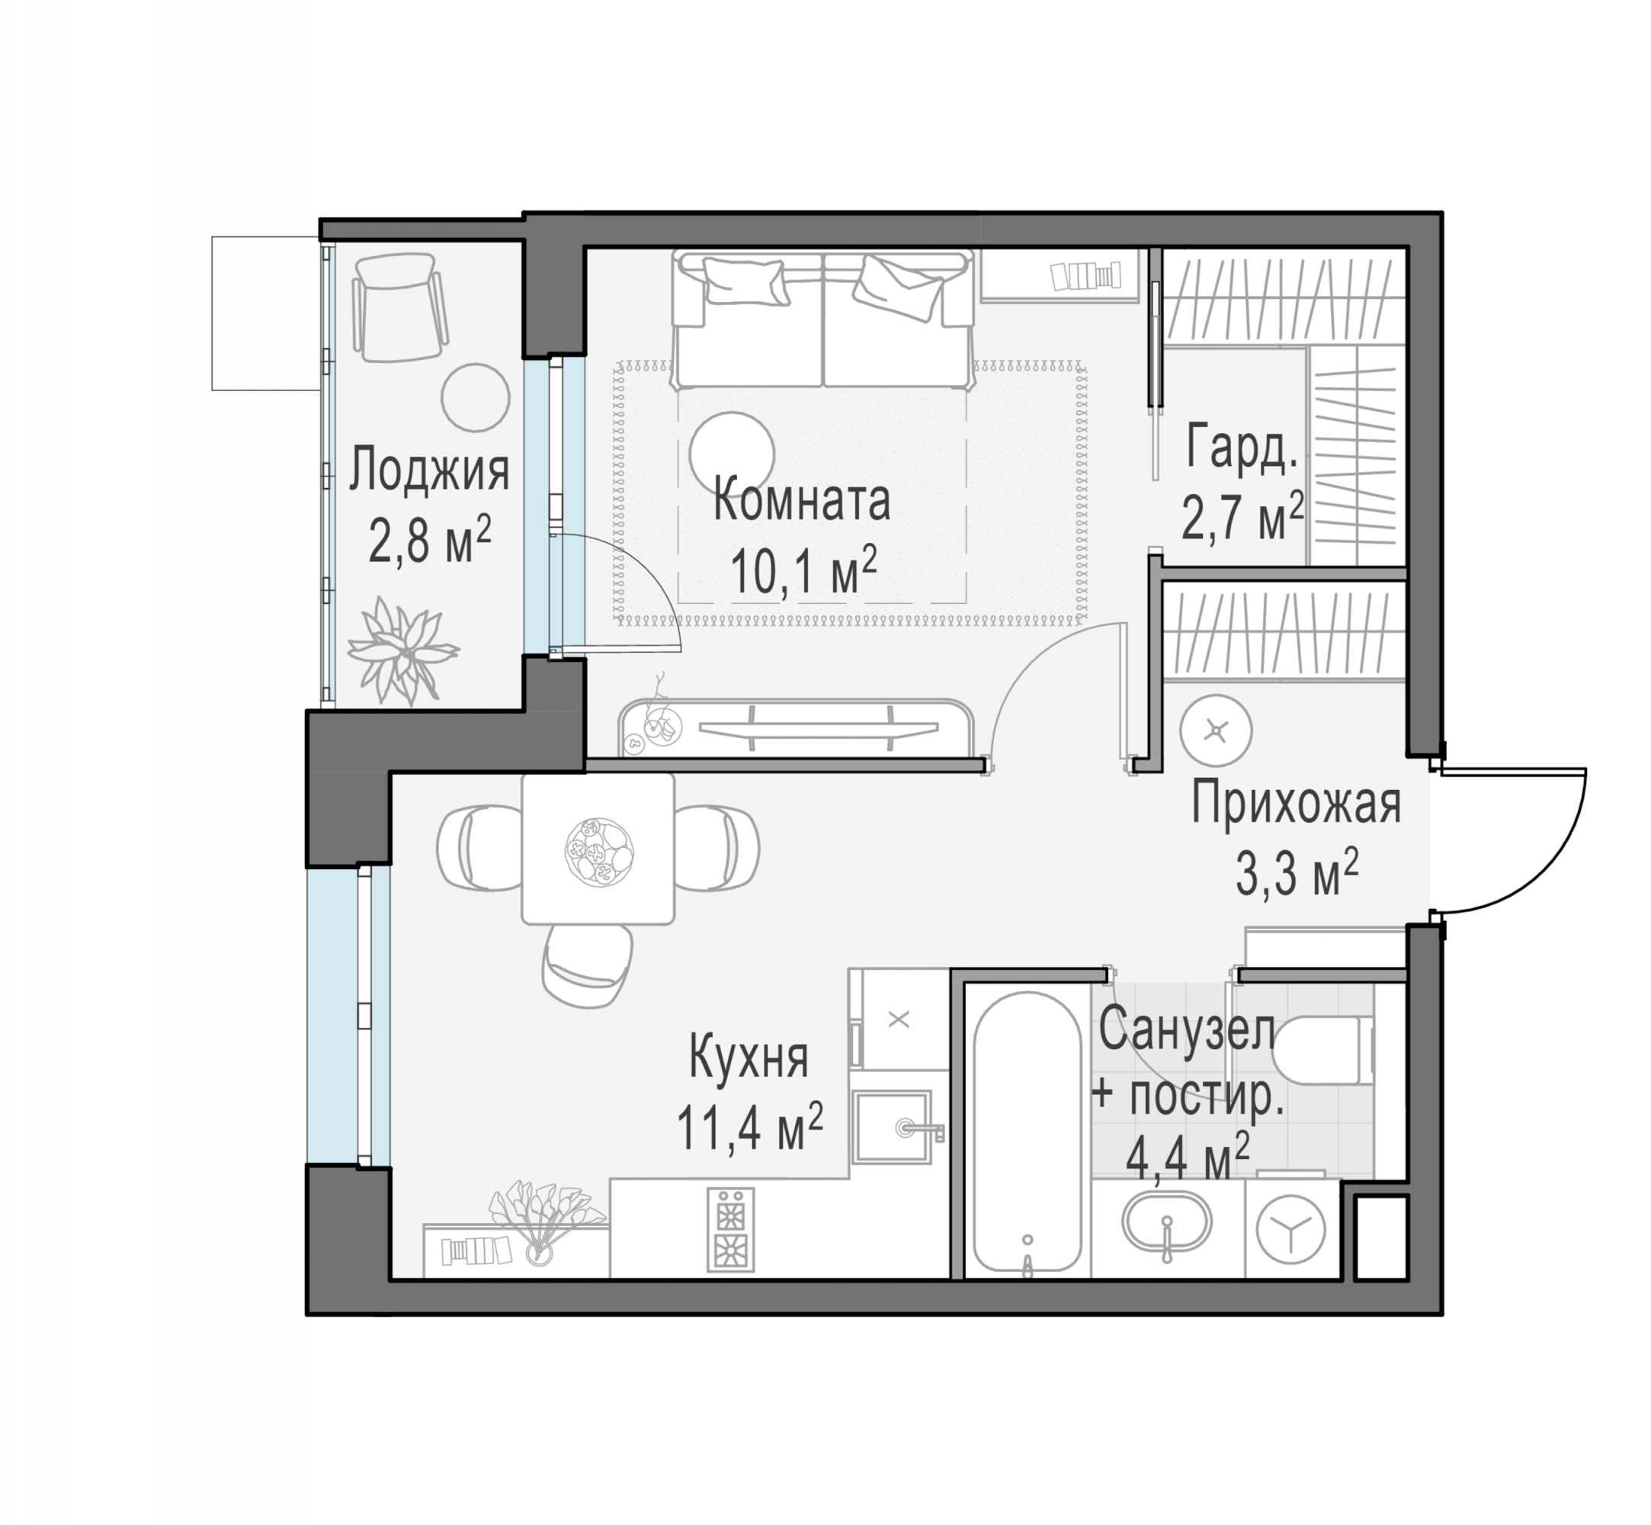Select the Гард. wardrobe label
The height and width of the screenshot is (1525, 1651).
[1241, 449]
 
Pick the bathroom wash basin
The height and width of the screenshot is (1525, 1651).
[1167, 1224]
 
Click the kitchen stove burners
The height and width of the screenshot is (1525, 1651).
[730, 1230]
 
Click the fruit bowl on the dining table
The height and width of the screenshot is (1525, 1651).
[598, 852]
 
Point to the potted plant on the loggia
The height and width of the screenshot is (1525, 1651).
[402, 650]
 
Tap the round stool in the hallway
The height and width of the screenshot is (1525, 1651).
[1215, 731]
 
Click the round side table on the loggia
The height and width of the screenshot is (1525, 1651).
[475, 398]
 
